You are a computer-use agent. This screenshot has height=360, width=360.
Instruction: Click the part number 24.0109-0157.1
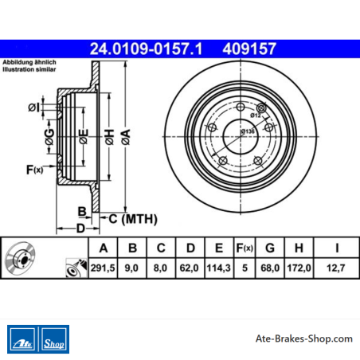pos(146,49)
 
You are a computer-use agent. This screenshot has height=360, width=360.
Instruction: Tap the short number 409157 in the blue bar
pos(249,49)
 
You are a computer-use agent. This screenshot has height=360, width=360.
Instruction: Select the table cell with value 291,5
pos(103,268)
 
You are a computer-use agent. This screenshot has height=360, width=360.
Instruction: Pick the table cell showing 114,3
pos(219,268)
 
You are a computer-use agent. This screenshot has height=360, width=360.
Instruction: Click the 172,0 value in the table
pos(299,268)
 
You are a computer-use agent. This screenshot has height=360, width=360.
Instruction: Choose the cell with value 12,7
pos(336,268)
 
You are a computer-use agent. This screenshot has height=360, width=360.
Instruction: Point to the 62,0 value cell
pos(189,268)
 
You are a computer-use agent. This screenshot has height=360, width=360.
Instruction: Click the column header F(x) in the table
pos(245,248)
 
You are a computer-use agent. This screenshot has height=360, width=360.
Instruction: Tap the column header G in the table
pos(270,248)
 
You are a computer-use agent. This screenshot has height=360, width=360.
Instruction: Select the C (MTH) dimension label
pos(133,219)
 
